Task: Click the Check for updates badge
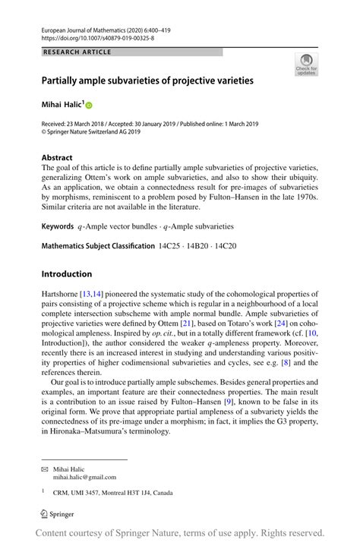(305, 65)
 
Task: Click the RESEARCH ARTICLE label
(77, 52)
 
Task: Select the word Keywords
(58, 226)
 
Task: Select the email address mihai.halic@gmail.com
(84, 477)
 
